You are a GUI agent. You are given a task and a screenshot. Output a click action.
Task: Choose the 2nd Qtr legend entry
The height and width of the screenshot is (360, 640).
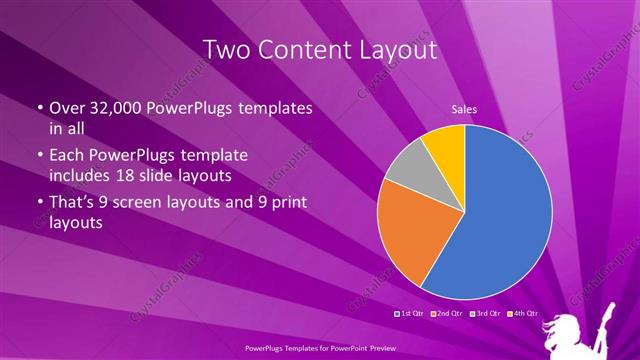[448, 315]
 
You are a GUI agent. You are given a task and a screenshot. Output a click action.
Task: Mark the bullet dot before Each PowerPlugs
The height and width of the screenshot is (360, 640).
[39, 156]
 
